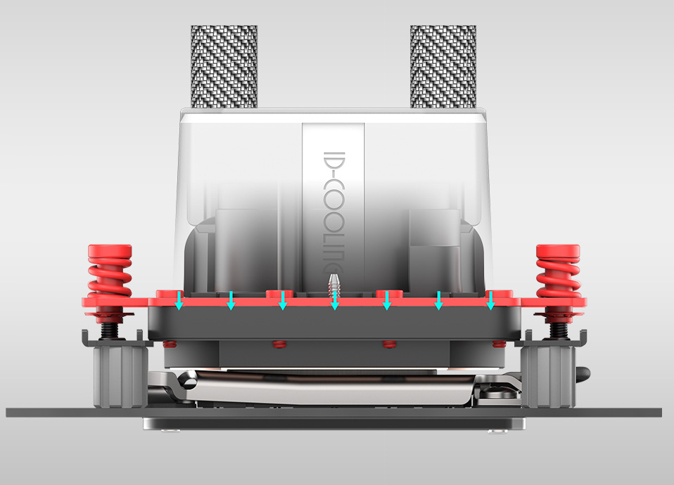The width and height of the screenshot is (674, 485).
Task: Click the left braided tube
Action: click(224, 67)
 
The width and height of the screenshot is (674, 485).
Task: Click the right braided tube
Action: click(443, 67)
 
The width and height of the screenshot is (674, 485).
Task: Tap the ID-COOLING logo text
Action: click(333, 213)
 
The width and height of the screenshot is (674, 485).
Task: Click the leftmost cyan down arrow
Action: click(179, 300)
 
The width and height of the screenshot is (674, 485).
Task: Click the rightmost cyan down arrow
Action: click(490, 300)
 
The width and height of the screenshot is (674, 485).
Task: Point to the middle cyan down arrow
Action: click(335, 300)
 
